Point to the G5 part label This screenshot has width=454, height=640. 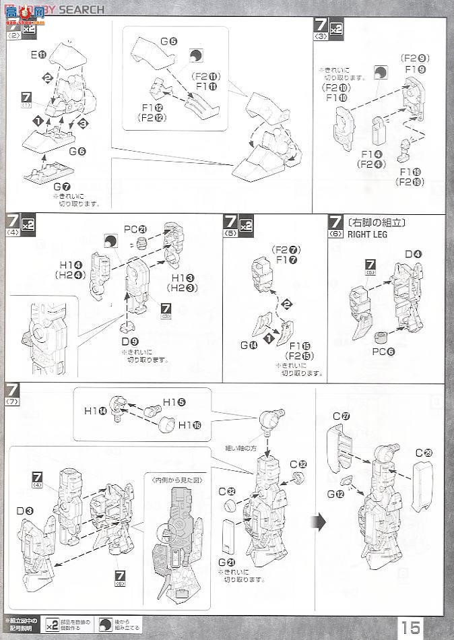click(x=168, y=41)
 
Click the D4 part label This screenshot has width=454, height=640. click(x=414, y=254)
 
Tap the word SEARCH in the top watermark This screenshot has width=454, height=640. click(x=81, y=9)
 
